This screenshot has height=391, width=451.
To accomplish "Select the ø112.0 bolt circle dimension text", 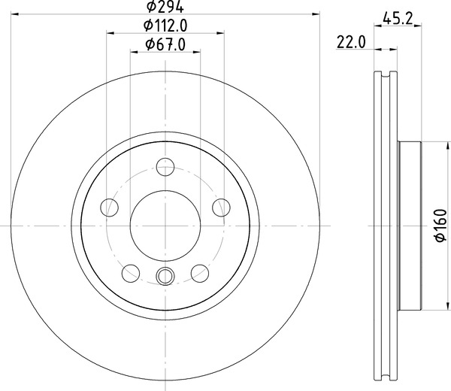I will [x=165, y=26].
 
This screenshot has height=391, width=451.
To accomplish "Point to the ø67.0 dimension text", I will [x=165, y=44].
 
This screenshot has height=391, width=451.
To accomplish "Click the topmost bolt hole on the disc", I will [x=165, y=167].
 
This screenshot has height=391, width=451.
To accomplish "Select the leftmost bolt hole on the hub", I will [x=110, y=207].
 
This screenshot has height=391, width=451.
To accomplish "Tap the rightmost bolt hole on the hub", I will [x=221, y=207].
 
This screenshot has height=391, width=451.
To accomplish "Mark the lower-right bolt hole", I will [x=200, y=272].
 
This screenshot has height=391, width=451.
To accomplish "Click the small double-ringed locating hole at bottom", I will [x=165, y=275].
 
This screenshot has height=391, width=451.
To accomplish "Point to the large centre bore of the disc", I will [x=165, y=225].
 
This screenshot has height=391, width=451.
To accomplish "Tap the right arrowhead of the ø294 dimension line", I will [x=316, y=14].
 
